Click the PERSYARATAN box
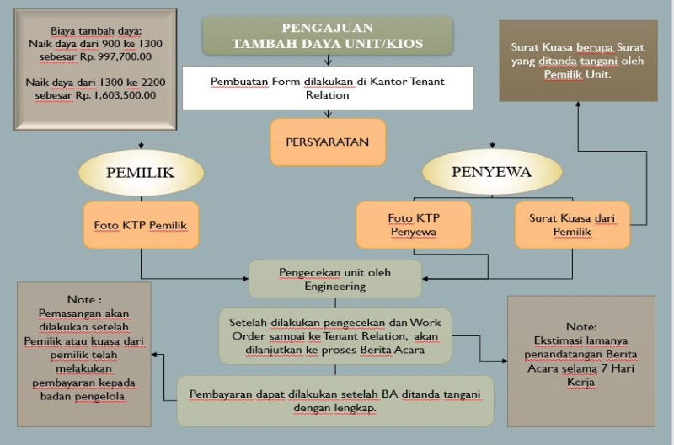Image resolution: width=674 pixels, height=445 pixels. click(x=328, y=142)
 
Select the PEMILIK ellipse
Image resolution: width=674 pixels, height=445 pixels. click(x=141, y=173)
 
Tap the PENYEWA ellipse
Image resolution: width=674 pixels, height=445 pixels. click(x=492, y=172)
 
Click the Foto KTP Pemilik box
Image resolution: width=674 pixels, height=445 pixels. click(x=141, y=225)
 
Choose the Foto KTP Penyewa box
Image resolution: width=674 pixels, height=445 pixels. click(x=414, y=225)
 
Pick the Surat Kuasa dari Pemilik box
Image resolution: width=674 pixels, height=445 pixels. click(x=572, y=225)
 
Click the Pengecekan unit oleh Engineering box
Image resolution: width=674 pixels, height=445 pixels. click(x=335, y=279)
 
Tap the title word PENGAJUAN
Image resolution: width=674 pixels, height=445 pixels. click(x=327, y=28)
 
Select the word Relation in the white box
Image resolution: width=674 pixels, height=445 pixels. click(x=327, y=95)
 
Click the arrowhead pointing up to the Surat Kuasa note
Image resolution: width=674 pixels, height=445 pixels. click(x=578, y=104)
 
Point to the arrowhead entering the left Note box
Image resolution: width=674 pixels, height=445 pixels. click(x=154, y=355)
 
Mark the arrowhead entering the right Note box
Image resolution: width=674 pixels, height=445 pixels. click(x=504, y=361)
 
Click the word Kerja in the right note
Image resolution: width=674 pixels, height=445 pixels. click(x=580, y=383)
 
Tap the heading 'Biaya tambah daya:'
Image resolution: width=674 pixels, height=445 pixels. click(x=96, y=31)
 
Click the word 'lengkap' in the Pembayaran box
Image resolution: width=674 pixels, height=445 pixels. click(x=357, y=408)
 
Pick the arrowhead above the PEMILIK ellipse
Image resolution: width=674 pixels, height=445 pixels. click(x=141, y=147)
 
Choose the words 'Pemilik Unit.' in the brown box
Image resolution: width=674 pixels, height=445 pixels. click(x=578, y=74)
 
